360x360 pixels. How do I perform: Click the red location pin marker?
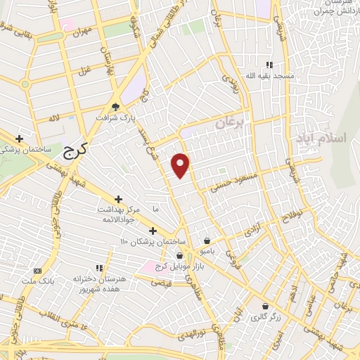(x=181, y=165)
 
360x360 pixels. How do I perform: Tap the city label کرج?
(x=72, y=148)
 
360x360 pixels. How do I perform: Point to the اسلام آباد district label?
(x=328, y=137)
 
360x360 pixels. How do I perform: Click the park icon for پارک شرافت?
(x=116, y=107)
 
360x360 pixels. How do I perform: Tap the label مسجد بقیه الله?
(x=269, y=75)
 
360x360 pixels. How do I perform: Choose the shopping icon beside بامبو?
(x=207, y=239)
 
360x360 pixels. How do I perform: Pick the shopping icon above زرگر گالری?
(x=264, y=307)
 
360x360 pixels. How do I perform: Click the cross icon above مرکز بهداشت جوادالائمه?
(x=118, y=200)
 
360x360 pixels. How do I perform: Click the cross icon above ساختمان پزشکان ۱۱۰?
(x=153, y=231)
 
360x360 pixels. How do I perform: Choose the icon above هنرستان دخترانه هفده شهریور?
(x=99, y=268)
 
